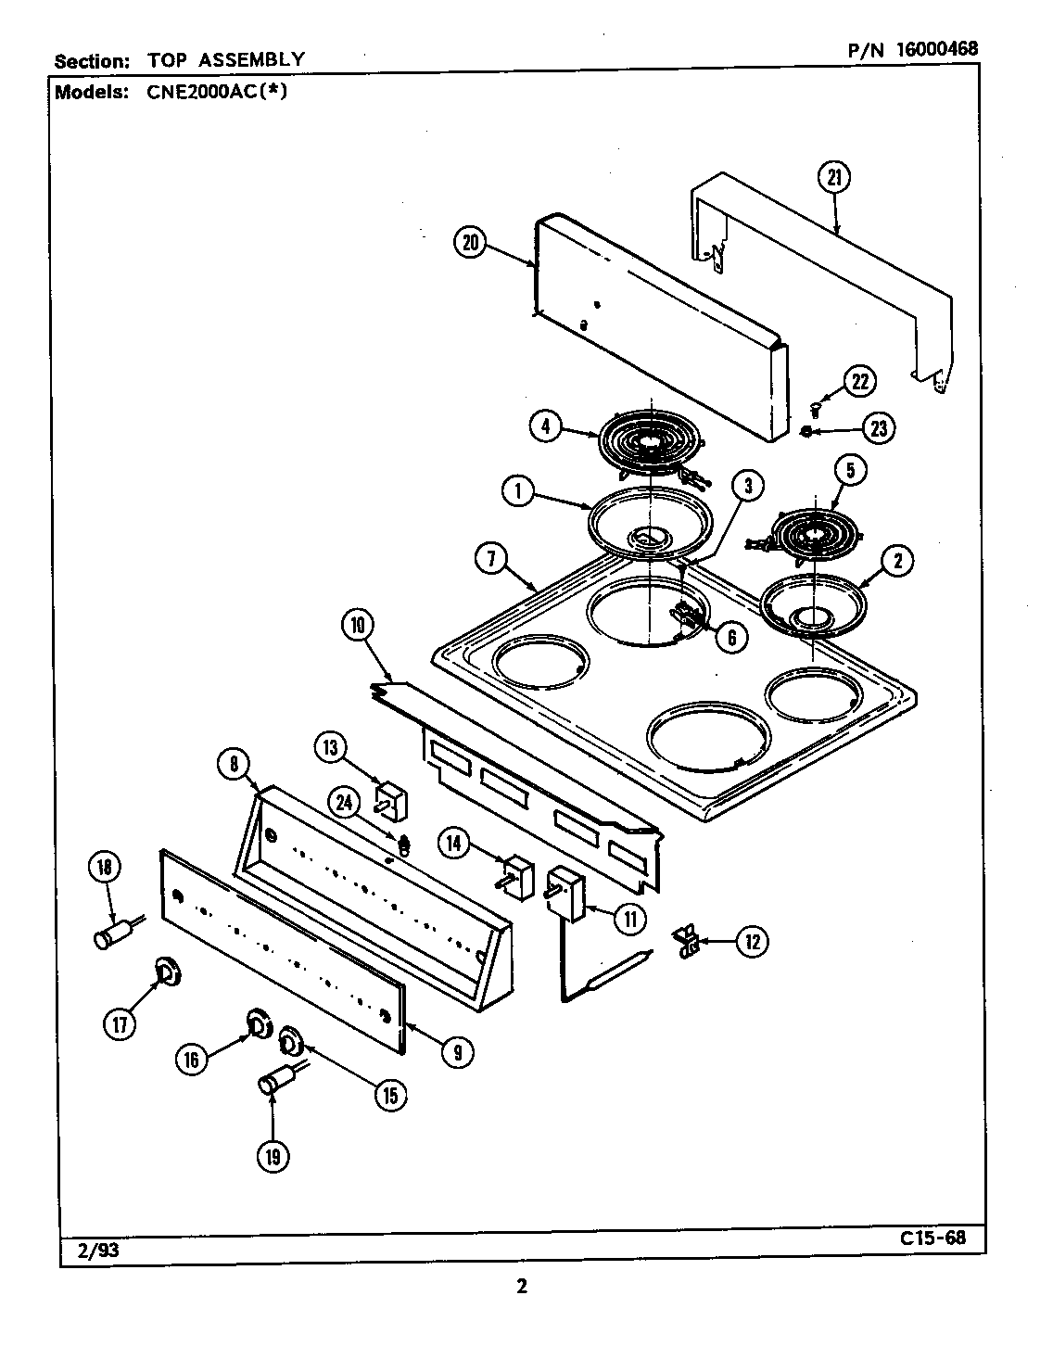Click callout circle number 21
(833, 176)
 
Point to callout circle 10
(358, 626)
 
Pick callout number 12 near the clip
(752, 942)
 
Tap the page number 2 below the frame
(522, 1286)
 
